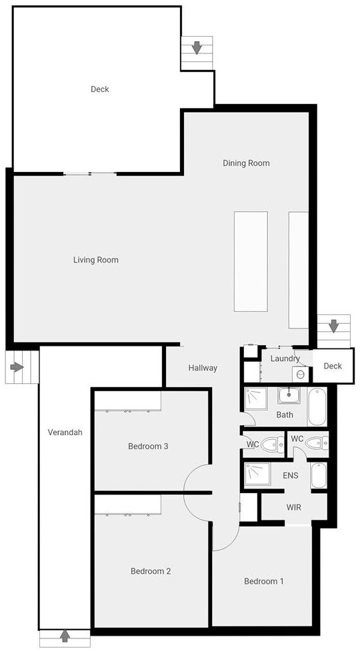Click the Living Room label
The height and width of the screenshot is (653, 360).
click(x=95, y=260)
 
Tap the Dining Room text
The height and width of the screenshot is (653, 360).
click(x=246, y=163)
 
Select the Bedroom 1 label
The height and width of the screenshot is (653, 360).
click(x=263, y=581)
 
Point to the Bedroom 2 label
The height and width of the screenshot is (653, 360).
click(x=151, y=571)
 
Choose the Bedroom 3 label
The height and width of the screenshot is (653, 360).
click(x=148, y=446)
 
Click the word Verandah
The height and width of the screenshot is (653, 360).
click(x=65, y=432)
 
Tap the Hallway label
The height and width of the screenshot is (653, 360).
click(x=203, y=368)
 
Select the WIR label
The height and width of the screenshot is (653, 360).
click(x=294, y=508)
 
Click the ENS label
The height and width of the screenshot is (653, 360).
click(x=291, y=476)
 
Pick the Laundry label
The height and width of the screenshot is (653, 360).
click(x=285, y=358)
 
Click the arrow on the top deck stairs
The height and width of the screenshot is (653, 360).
click(x=197, y=48)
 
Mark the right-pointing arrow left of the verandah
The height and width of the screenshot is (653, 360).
click(x=17, y=367)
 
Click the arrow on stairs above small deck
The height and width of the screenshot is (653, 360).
click(x=333, y=326)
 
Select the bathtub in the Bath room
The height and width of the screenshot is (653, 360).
click(x=317, y=406)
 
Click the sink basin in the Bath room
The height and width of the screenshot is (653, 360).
click(x=288, y=395)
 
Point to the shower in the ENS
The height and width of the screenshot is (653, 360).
click(x=257, y=474)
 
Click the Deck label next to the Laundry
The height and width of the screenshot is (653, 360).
click(x=333, y=366)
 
